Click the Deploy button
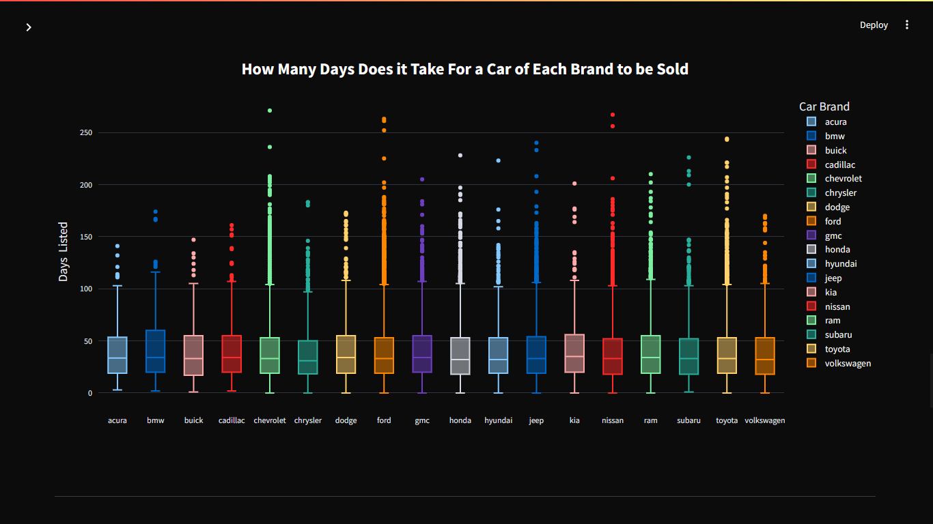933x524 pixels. click(874, 25)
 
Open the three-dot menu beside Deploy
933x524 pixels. click(907, 25)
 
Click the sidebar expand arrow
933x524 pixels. click(29, 27)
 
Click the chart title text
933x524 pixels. click(464, 69)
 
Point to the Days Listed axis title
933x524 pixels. click(64, 251)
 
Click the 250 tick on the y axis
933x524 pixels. click(85, 132)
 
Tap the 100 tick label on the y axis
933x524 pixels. click(85, 289)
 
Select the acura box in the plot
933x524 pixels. click(117, 355)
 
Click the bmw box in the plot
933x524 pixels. click(156, 351)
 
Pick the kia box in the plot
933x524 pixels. click(574, 353)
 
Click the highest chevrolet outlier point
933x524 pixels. click(270, 111)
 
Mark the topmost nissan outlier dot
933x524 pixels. click(613, 115)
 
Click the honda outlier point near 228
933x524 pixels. click(460, 156)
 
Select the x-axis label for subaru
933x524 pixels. click(688, 420)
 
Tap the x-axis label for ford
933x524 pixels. click(384, 420)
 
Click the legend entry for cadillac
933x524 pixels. click(839, 164)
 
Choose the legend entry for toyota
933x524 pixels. click(837, 349)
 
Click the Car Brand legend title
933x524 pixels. click(824, 106)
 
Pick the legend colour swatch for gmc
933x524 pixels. click(811, 235)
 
